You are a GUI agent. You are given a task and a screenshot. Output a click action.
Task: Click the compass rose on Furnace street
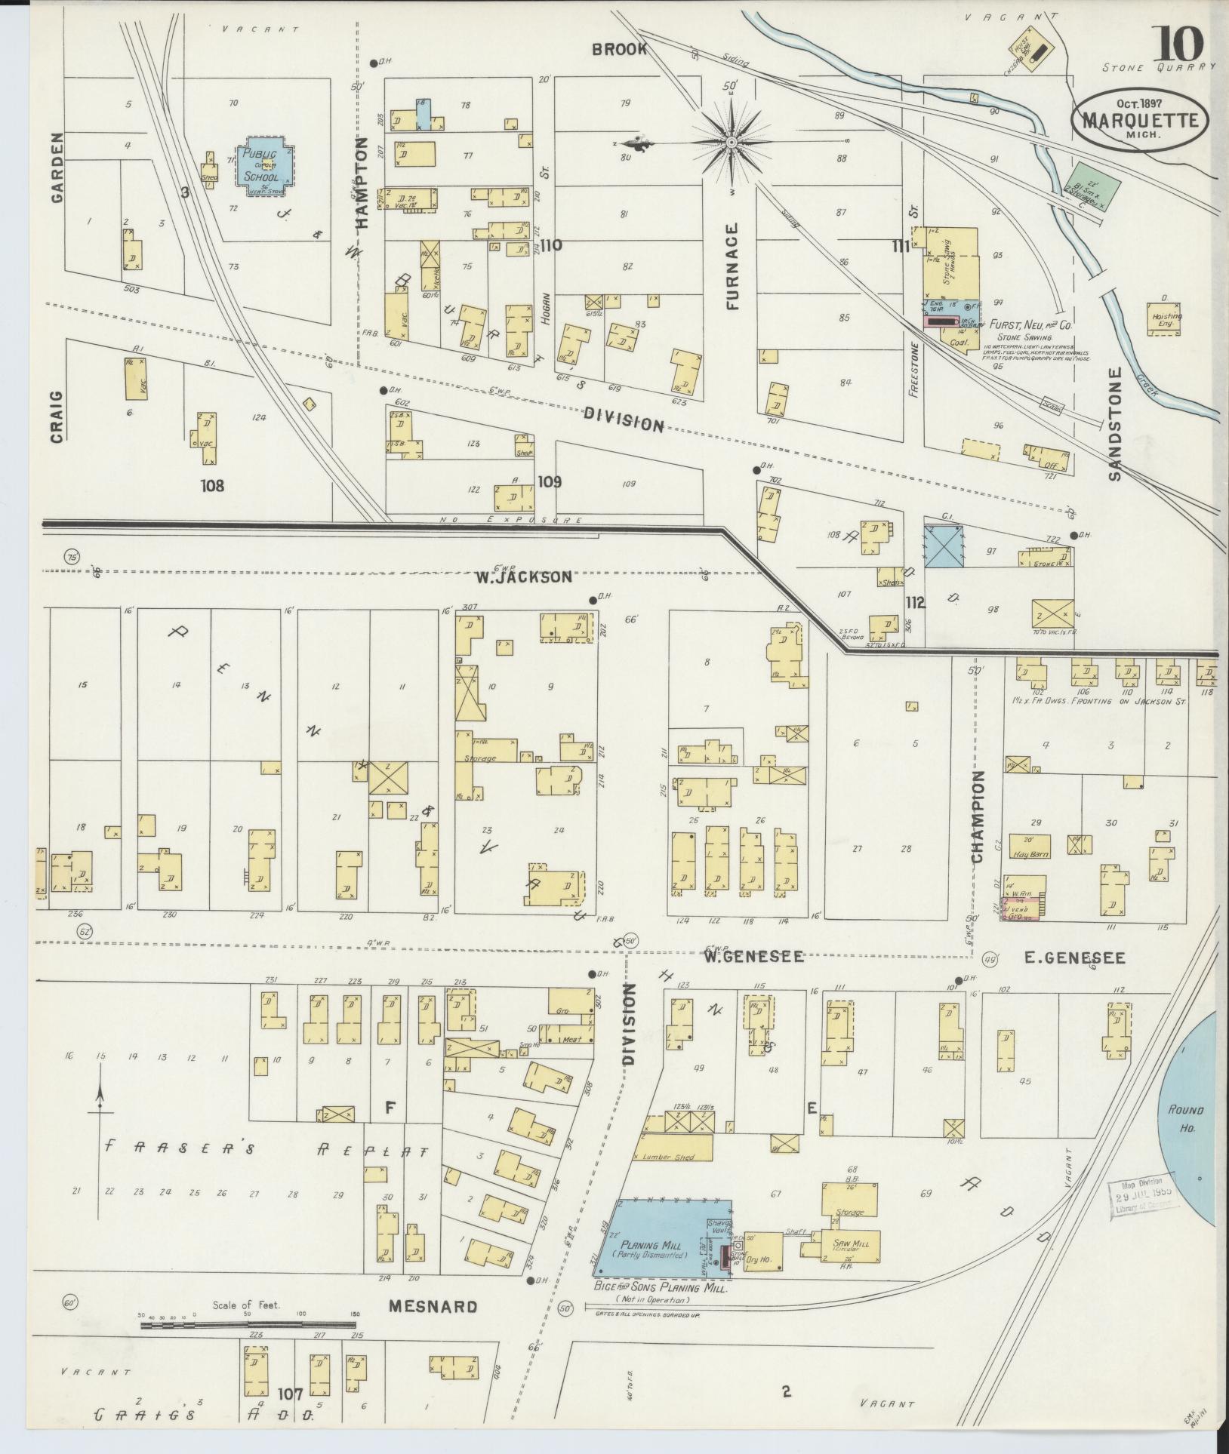(x=731, y=142)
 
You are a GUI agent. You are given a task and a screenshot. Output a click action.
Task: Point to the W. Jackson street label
(x=523, y=577)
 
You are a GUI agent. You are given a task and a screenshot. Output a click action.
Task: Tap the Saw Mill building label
(x=850, y=1244)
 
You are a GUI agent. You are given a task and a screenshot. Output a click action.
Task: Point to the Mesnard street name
(x=433, y=1307)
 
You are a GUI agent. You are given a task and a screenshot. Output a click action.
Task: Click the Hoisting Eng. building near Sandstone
(x=1163, y=319)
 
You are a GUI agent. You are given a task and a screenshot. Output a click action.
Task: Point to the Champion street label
(x=978, y=817)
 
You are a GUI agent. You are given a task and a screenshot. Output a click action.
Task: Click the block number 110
(x=551, y=245)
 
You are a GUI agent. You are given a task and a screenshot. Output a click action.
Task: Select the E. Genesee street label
(x=1074, y=958)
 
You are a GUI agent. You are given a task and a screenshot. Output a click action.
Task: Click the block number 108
(x=212, y=485)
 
